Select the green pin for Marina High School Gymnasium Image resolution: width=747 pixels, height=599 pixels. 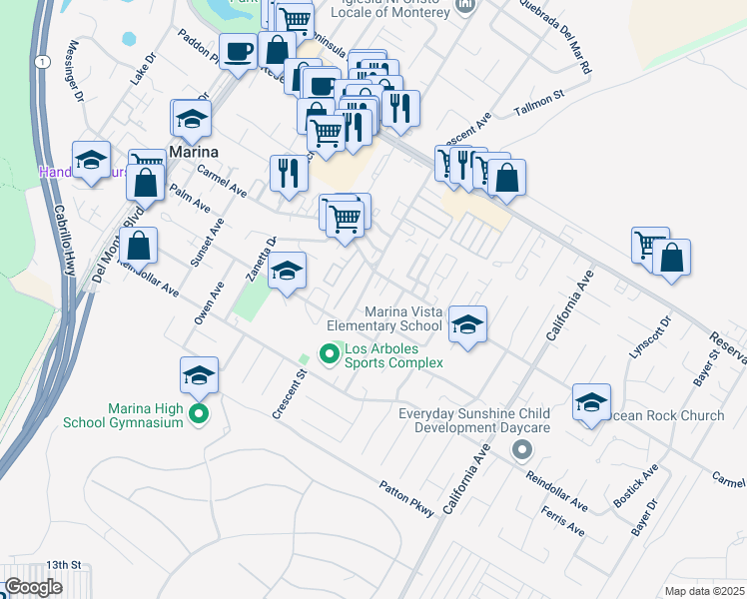coord(198,412)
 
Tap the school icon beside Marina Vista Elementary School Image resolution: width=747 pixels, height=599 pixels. coord(466,324)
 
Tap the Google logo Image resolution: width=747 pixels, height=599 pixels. coord(34,587)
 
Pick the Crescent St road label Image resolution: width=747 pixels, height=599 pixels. coord(289,394)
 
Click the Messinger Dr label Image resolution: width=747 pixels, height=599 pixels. coord(73,71)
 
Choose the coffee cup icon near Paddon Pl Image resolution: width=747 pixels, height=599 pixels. coord(239,51)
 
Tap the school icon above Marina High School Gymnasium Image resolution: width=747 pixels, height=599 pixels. coord(199,375)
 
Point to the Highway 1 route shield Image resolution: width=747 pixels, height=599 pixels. coord(41,62)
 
